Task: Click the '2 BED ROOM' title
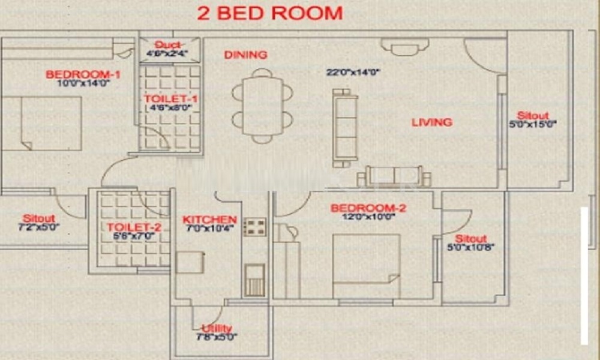[x=269, y=13]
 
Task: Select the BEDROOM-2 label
[x=368, y=208]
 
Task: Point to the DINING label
[x=245, y=55]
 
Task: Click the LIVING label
[x=431, y=122]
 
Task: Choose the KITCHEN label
[x=209, y=220]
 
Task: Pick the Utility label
[x=217, y=328]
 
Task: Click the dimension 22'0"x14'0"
[x=353, y=73]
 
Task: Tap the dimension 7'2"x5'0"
[x=39, y=227]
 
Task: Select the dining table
[x=262, y=106]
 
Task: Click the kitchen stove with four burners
[x=254, y=227]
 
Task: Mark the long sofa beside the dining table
[x=345, y=128]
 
